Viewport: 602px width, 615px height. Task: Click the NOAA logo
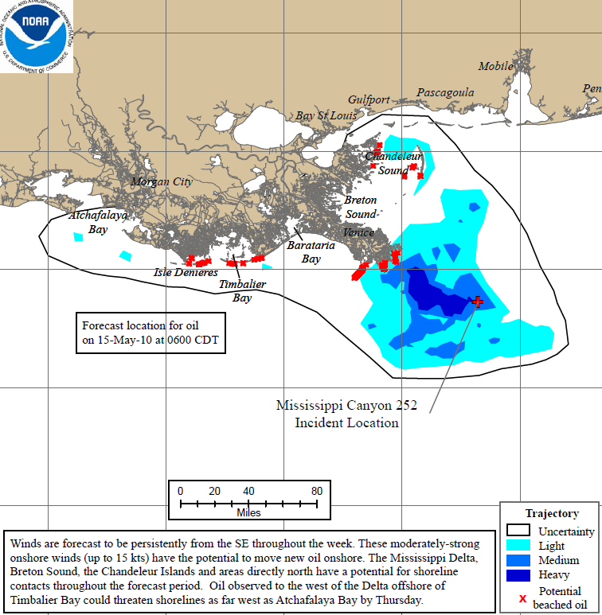pos(37,37)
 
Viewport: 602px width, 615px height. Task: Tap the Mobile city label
pos(495,67)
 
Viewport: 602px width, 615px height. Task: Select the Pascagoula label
pos(445,93)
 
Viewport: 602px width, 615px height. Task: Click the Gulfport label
pos(369,100)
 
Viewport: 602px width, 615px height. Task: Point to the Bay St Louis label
pos(326,116)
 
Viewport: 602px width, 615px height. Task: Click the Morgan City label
pos(162,182)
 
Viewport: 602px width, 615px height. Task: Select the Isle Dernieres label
pos(186,273)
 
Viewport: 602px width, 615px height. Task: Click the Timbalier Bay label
pos(243,291)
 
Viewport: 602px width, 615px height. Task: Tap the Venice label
pos(358,233)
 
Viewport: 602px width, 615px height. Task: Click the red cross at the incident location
pos(477,302)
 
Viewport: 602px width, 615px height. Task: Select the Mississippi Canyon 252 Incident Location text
pos(346,414)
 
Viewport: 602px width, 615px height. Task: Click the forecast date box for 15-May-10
pos(151,333)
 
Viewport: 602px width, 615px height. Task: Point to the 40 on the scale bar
pos(248,490)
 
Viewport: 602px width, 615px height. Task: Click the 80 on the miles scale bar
pos(317,490)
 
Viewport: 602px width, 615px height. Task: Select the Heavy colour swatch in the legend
pos(518,574)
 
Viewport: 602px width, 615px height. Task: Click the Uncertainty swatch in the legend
pos(518,531)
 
